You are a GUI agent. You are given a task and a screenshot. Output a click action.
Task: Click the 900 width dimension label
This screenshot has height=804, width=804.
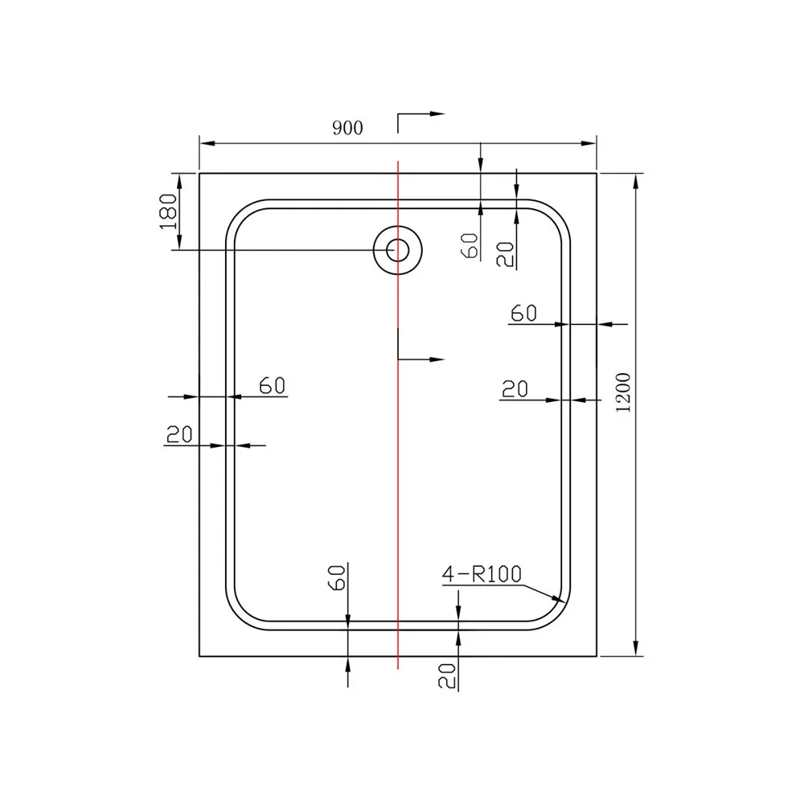pyautogui.click(x=347, y=128)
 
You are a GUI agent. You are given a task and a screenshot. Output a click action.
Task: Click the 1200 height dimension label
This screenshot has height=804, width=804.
pyautogui.click(x=623, y=393)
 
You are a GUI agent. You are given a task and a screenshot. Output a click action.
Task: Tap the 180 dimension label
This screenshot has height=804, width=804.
pyautogui.click(x=168, y=211)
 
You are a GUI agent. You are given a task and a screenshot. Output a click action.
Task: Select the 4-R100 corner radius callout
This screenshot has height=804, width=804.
pyautogui.click(x=482, y=574)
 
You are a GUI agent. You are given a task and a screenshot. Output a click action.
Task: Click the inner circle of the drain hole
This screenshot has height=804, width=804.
pyautogui.click(x=397, y=251)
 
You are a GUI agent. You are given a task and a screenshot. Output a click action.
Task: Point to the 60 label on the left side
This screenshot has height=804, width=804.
pyautogui.click(x=272, y=386)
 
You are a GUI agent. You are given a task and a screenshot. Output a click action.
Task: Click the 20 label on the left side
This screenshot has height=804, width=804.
pyautogui.click(x=179, y=434)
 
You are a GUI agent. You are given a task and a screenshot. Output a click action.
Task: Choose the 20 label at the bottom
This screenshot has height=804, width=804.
pyautogui.click(x=446, y=675)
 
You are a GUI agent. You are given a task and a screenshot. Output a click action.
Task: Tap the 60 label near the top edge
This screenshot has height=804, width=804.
pyautogui.click(x=470, y=245)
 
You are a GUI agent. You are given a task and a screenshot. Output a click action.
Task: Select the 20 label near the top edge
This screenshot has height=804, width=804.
pyautogui.click(x=505, y=254)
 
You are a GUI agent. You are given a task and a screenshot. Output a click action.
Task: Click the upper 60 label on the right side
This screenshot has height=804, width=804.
pyautogui.click(x=523, y=313)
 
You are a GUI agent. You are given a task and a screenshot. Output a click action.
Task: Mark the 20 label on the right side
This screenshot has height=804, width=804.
pyautogui.click(x=515, y=389)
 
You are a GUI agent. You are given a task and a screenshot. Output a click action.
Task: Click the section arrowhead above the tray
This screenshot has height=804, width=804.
pyautogui.click(x=437, y=114)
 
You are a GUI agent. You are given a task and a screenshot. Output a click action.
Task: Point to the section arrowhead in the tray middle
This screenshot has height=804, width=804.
pyautogui.click(x=437, y=359)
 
